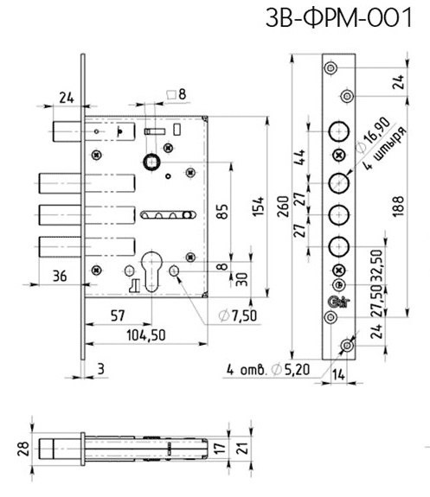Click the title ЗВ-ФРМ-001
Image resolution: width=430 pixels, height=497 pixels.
[x=338, y=17]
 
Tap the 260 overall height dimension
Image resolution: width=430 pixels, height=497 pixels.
[x=283, y=207]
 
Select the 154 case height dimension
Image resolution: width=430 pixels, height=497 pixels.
[x=259, y=207]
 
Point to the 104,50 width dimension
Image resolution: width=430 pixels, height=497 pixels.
[x=146, y=335]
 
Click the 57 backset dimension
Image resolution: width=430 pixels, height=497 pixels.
[x=118, y=315]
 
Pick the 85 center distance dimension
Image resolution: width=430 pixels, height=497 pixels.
[x=222, y=212]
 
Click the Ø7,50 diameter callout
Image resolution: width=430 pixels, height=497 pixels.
[x=238, y=315]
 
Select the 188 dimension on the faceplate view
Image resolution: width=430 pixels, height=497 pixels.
[x=398, y=207]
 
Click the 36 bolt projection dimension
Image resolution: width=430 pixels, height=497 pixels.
[x=60, y=276]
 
